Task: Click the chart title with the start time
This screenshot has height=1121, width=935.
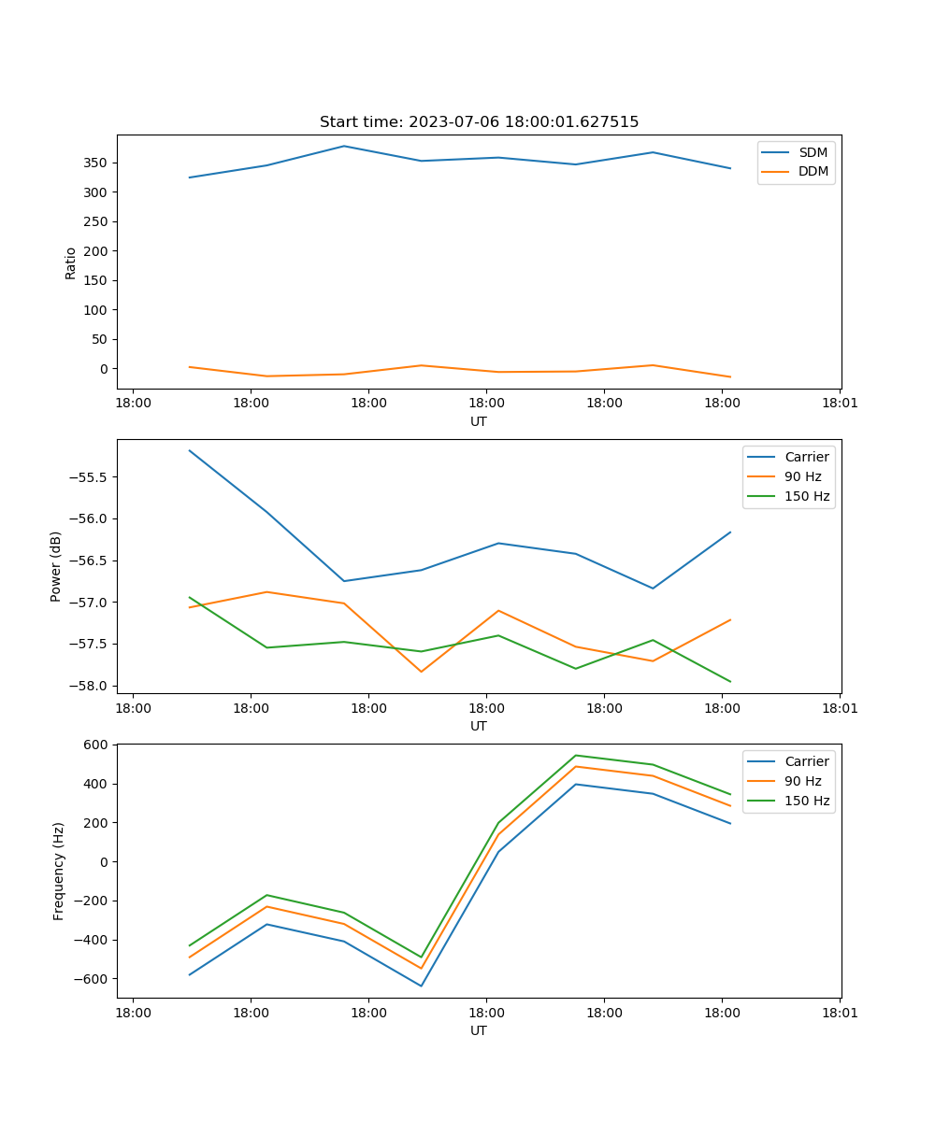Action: (479, 122)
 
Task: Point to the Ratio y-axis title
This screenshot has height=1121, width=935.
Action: (71, 263)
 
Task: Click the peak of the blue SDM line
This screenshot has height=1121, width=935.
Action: (344, 146)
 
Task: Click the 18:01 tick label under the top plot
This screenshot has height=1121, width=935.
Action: (839, 404)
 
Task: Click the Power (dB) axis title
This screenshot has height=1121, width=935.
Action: (56, 566)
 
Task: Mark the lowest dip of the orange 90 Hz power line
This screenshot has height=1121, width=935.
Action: (421, 672)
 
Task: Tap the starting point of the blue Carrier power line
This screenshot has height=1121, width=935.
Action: (190, 450)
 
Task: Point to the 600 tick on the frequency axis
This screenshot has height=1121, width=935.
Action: (97, 745)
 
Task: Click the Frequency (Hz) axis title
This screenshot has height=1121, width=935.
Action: (59, 871)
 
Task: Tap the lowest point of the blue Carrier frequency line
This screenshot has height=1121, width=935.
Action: (421, 986)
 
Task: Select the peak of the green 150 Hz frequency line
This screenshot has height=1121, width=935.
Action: (575, 755)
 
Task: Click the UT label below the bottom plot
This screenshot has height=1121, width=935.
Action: (479, 1030)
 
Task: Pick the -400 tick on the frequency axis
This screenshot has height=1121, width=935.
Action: (93, 940)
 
